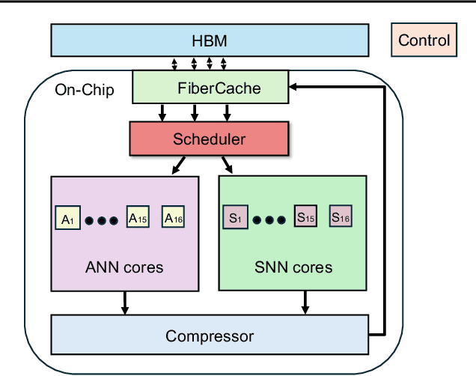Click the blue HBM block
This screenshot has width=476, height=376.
click(210, 40)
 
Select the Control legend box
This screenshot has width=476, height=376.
click(424, 40)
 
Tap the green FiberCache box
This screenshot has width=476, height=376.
click(210, 88)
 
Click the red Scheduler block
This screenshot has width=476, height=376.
click(210, 139)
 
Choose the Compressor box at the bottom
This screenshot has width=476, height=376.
click(210, 336)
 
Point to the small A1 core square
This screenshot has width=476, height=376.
click(67, 219)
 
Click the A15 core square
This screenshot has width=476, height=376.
click(137, 218)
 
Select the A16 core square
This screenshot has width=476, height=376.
click(173, 218)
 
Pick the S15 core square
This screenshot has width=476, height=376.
click(305, 218)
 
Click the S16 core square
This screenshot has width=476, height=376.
click(341, 218)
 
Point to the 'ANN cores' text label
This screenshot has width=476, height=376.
click(124, 267)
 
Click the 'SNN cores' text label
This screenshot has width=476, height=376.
click(292, 267)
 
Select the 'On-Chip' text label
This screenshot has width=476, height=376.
click(85, 91)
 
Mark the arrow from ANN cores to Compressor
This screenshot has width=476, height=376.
click(124, 303)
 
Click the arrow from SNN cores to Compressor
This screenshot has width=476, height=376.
click(305, 303)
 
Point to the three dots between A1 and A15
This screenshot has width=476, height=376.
click(101, 220)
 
